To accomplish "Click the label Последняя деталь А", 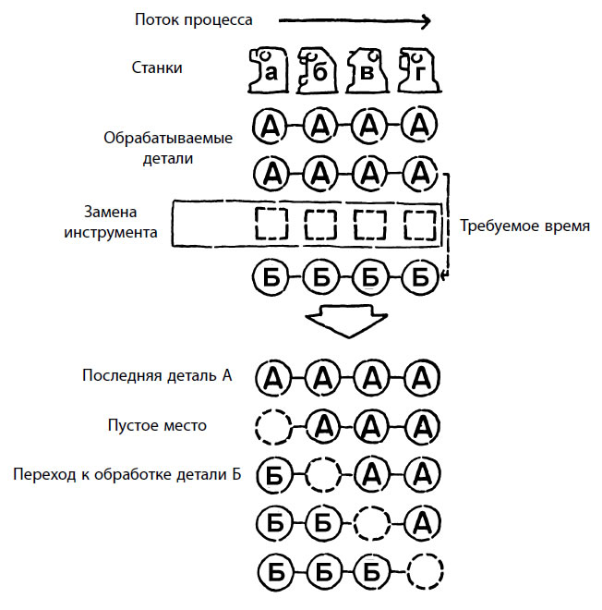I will [156, 375].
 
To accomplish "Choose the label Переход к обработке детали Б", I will [127, 475].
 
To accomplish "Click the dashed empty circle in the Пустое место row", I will [272, 426].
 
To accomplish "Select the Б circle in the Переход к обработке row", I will [272, 476].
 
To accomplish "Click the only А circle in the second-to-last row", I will [421, 522].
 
